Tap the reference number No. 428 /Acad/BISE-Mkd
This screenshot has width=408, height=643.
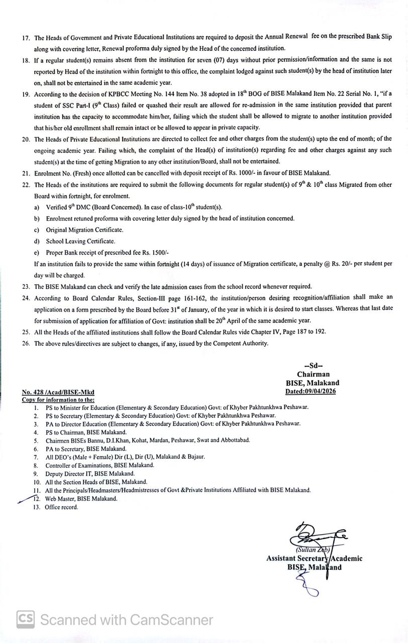pyautogui.click(x=58, y=392)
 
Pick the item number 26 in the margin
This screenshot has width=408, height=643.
pyautogui.click(x=26, y=344)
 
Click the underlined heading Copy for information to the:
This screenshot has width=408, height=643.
pyautogui.click(x=58, y=400)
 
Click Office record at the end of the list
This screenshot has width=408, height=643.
pyautogui.click(x=62, y=507)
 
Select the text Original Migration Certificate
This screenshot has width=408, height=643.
pyautogui.click(x=84, y=230)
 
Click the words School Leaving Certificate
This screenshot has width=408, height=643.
pyautogui.click(x=80, y=241)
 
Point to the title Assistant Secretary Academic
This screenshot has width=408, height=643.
pyautogui.click(x=314, y=559)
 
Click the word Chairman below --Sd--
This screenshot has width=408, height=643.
pyautogui.click(x=313, y=374)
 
